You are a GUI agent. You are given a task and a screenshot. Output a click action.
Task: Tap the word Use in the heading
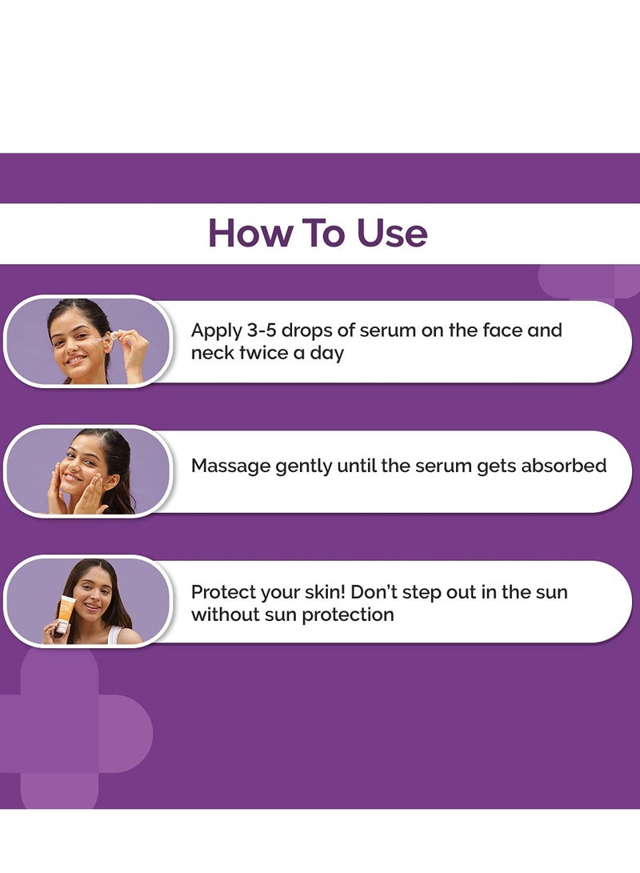pos(392,233)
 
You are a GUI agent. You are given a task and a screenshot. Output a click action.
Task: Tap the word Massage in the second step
pos(230,466)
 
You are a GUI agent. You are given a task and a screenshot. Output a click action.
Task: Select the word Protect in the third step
pos(223,593)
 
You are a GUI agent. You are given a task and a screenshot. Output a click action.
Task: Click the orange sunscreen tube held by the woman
pos(66,616)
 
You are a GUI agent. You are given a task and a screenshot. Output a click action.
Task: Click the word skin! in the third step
pos(323,593)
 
